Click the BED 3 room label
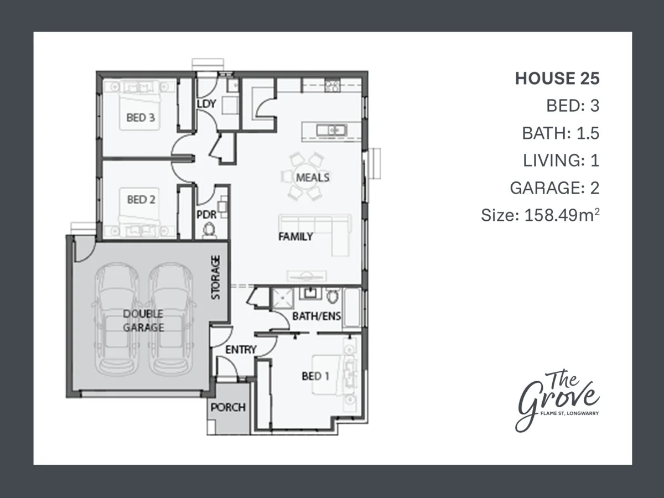coord(141,117)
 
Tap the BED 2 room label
coord(141,200)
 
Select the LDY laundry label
coord(206,104)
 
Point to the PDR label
coord(206,215)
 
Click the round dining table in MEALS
coord(305,177)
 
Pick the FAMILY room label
coord(295,236)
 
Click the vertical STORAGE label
coord(215,278)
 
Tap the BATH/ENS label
coord(317,317)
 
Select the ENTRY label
coord(241,350)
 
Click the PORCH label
coord(228,408)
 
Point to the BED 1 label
coord(315,376)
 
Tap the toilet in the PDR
coord(209,229)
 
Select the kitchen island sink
coord(331,131)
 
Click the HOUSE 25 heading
coord(557,79)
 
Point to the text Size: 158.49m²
coord(540,215)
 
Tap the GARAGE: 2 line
coord(554,188)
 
